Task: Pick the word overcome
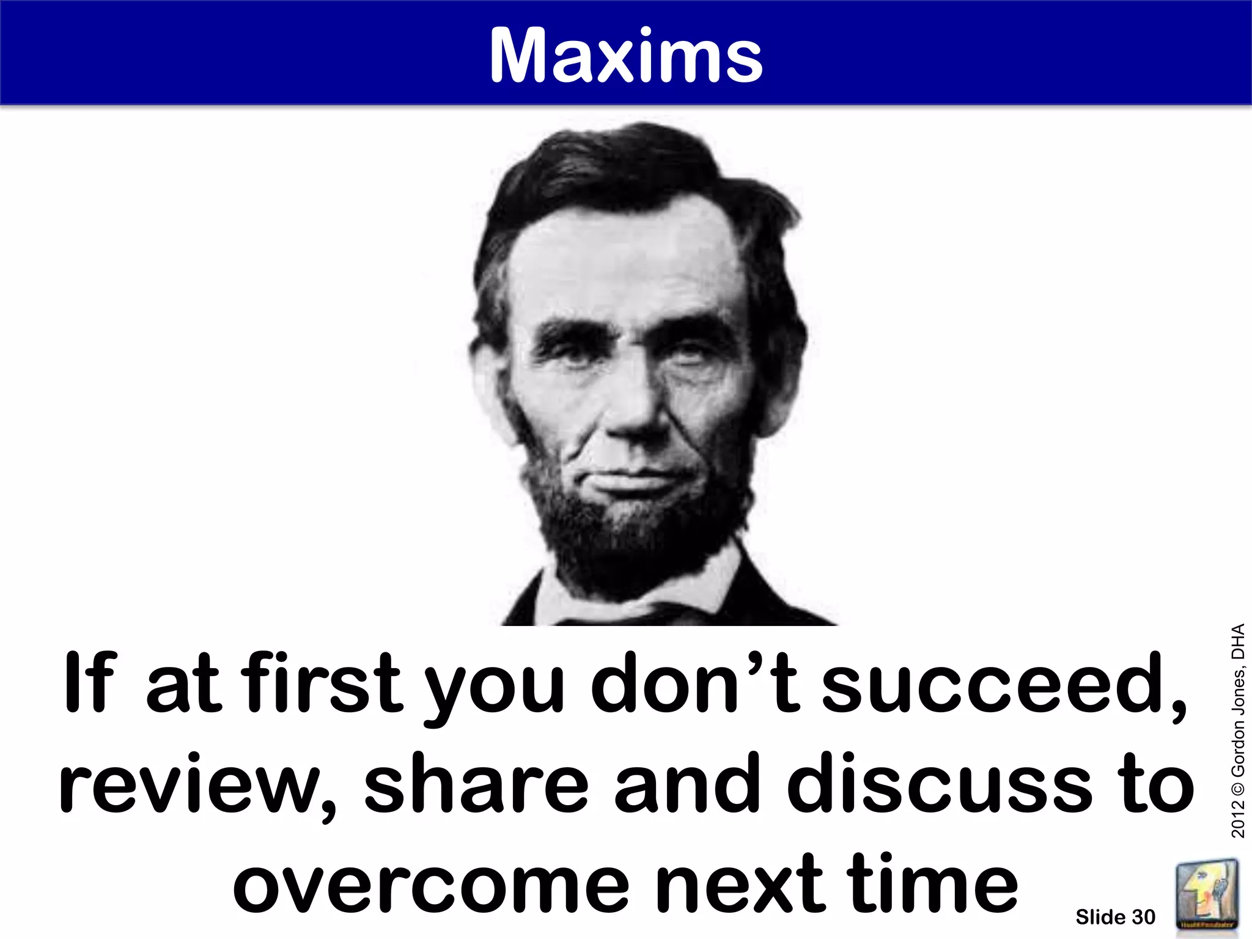[430, 884]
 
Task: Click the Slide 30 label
[1115, 917]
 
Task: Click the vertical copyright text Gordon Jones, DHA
[1238, 731]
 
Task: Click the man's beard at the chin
[636, 526]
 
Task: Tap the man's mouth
[636, 474]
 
